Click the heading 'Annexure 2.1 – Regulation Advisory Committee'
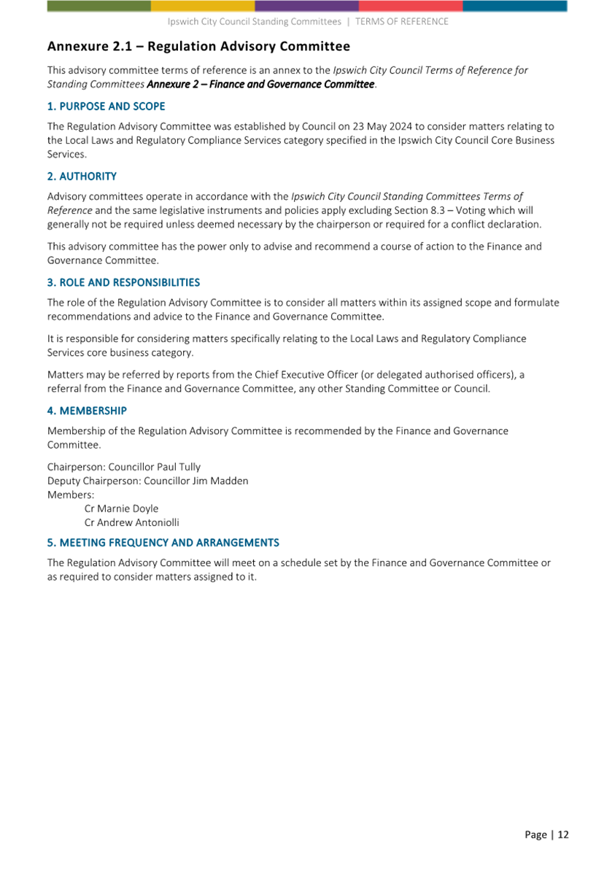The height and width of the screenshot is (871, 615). (198, 47)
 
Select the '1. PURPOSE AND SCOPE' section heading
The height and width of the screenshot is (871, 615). (107, 107)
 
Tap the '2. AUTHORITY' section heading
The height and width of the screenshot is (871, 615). (82, 177)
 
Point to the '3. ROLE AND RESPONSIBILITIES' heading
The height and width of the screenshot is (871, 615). (123, 282)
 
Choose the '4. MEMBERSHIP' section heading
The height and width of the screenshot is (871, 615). (87, 411)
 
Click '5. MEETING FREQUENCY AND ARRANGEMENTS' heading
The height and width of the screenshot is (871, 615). (163, 543)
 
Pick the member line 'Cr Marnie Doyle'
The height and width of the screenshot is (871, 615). (121, 508)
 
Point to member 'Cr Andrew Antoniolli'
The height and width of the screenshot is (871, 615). (132, 522)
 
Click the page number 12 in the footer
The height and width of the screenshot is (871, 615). (563, 835)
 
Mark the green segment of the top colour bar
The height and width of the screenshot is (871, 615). (99, 6)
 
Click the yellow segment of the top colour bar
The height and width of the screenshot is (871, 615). (203, 6)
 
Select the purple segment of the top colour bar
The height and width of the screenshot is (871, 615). (306, 6)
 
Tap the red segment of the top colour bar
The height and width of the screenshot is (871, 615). (411, 6)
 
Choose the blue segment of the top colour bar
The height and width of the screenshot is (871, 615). (514, 6)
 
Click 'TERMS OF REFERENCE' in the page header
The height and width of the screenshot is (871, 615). (402, 22)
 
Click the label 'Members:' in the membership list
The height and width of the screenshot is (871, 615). (66, 495)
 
